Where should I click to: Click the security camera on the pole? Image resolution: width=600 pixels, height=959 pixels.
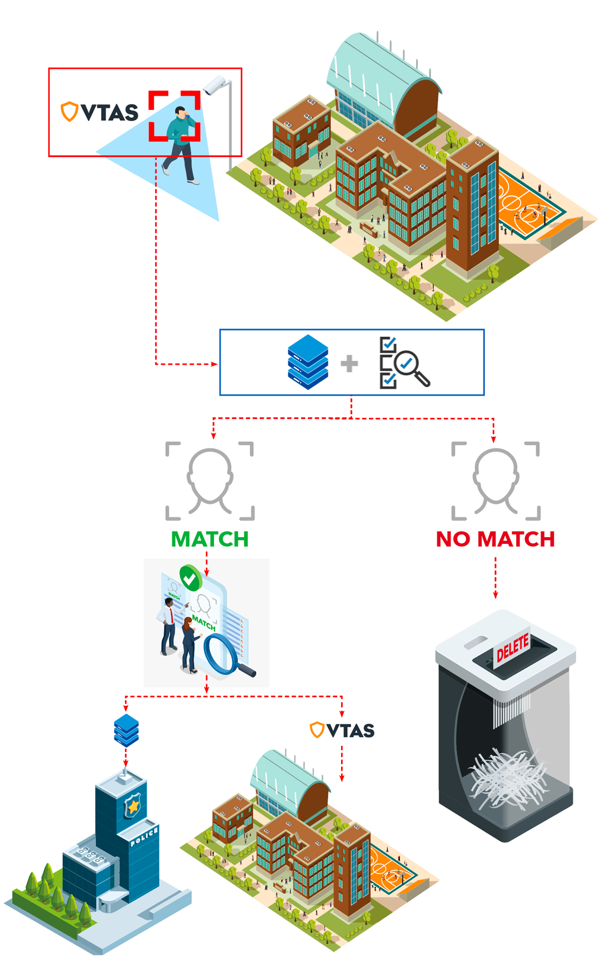click(x=215, y=85)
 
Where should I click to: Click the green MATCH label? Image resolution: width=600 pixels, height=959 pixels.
click(x=209, y=539)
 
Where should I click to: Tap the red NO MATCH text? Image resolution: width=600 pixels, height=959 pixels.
click(x=495, y=539)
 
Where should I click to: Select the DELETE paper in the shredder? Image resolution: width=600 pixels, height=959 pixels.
click(x=512, y=647)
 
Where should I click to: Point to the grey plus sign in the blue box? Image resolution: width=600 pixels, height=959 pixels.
click(x=349, y=364)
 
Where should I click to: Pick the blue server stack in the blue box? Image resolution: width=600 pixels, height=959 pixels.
click(x=308, y=362)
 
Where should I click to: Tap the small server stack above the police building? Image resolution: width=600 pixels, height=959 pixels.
click(x=126, y=730)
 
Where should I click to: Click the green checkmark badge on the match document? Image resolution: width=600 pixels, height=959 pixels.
click(x=190, y=578)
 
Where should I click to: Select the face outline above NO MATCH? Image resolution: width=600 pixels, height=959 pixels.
click(x=496, y=481)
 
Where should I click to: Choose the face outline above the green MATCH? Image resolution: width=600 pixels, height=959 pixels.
click(x=210, y=481)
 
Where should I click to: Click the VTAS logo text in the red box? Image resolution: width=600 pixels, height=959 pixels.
click(x=109, y=113)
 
